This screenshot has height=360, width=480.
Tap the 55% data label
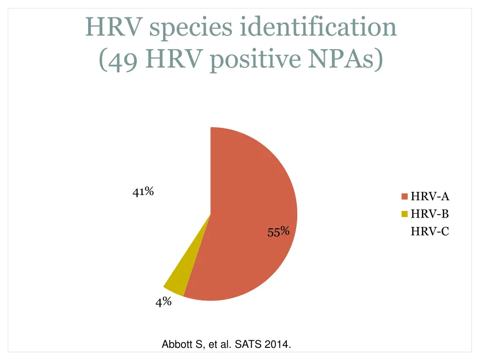[x=278, y=232]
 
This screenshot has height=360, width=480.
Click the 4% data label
[x=164, y=302]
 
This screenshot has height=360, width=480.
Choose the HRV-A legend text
[x=430, y=197]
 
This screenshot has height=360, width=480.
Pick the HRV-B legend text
[x=430, y=214]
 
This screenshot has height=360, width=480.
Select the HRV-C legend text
[x=430, y=231]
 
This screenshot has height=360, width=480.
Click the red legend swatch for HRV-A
[x=405, y=197]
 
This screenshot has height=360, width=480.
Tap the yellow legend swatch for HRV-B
[x=405, y=214]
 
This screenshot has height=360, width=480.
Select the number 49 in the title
[x=120, y=60]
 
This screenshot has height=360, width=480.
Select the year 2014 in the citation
[x=277, y=345]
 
